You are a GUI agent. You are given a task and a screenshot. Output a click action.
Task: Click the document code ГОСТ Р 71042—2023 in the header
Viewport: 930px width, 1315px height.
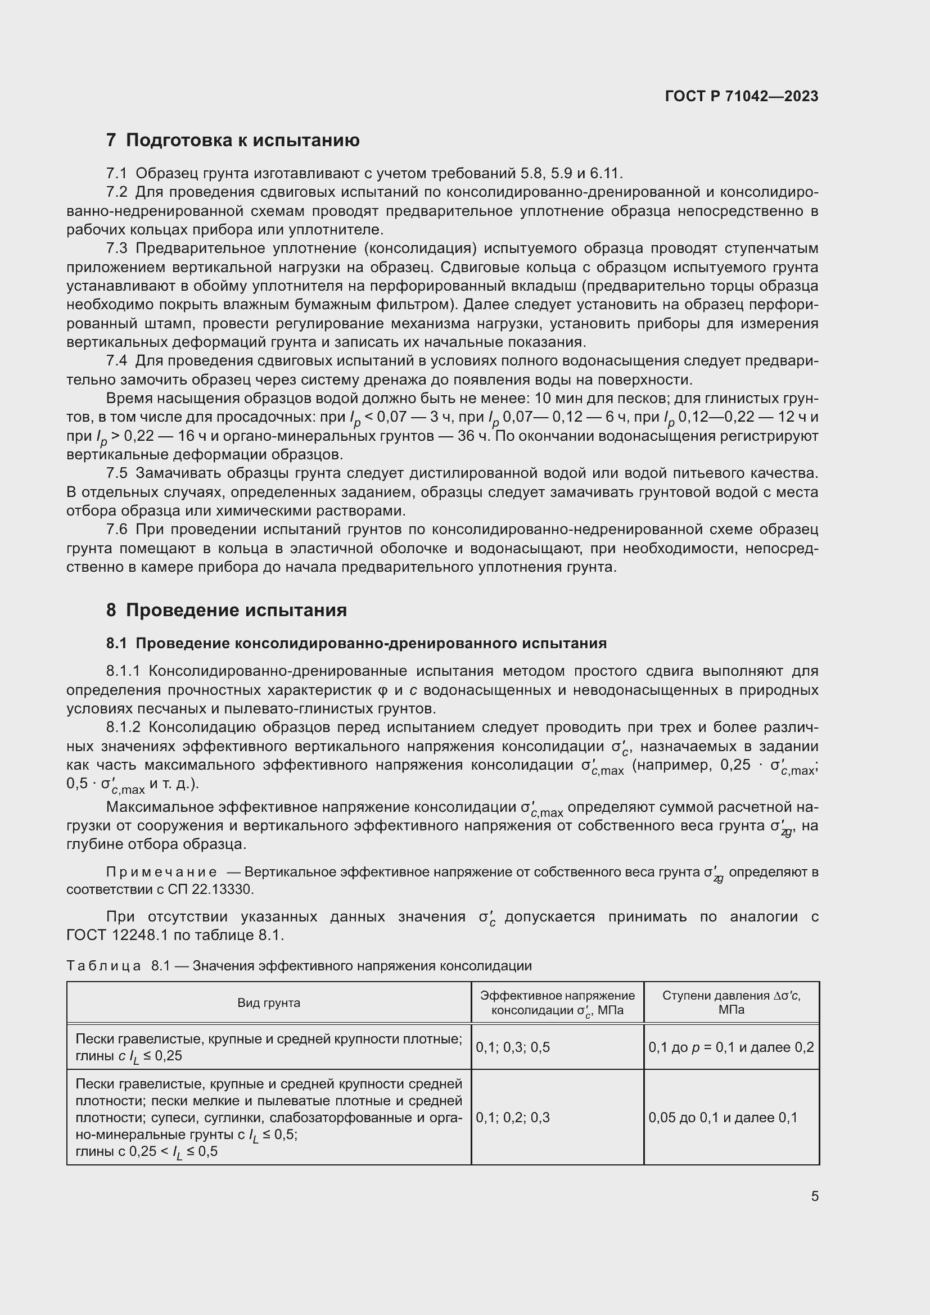742,96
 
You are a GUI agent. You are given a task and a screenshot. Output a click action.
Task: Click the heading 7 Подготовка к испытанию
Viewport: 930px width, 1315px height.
233,141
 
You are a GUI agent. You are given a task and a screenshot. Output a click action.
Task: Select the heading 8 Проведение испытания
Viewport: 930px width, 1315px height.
226,611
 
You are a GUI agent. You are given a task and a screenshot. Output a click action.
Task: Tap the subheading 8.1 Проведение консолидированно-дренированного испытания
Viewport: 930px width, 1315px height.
356,644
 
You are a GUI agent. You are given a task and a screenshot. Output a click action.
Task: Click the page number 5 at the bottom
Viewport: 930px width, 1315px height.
814,1196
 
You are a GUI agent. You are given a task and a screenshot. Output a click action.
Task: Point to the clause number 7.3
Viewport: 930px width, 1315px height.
116,248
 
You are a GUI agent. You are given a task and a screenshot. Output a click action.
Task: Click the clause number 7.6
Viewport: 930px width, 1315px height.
116,530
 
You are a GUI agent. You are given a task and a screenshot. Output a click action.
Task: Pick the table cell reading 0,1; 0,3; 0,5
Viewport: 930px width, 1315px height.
513,1047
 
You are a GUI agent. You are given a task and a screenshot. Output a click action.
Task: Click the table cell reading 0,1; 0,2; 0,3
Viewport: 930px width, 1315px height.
513,1118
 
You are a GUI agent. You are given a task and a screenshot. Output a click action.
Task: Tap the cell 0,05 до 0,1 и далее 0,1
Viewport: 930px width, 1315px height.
723,1118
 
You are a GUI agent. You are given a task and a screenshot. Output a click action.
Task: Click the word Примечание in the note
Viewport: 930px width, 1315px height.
161,873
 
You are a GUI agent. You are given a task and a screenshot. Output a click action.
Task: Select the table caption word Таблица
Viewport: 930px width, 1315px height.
103,966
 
